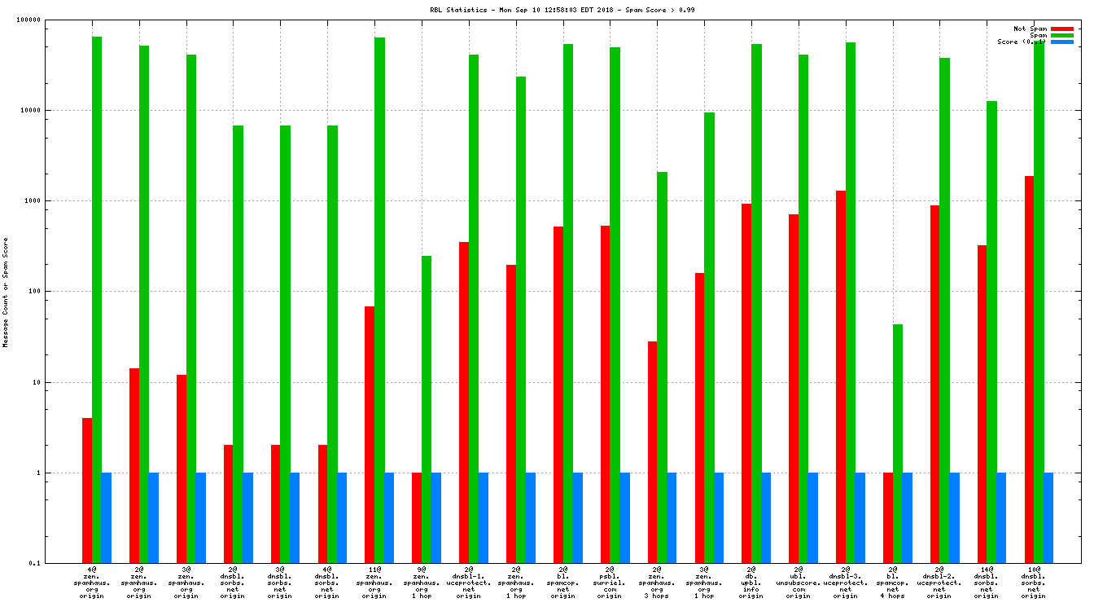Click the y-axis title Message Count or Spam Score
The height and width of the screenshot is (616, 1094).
click(x=6, y=293)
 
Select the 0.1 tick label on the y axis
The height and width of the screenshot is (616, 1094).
click(x=58, y=563)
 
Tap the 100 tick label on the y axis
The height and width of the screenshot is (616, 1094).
click(x=56, y=291)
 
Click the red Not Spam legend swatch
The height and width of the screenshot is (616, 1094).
click(x=1062, y=29)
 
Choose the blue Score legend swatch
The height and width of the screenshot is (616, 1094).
click(x=1062, y=42)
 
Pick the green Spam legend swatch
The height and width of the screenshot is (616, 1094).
click(x=1062, y=35)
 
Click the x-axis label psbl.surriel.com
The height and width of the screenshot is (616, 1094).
click(x=610, y=583)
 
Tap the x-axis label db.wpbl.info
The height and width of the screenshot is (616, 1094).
click(x=751, y=583)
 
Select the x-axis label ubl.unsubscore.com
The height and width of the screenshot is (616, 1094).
click(x=799, y=583)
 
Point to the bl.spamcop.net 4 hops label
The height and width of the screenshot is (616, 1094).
click(x=893, y=583)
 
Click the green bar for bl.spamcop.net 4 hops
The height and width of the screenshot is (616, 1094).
click(x=898, y=443)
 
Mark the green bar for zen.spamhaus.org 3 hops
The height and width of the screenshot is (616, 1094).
click(x=662, y=367)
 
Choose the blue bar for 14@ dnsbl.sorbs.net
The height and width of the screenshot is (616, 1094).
click(x=1001, y=517)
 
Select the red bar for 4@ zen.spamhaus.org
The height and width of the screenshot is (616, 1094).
click(x=87, y=490)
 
